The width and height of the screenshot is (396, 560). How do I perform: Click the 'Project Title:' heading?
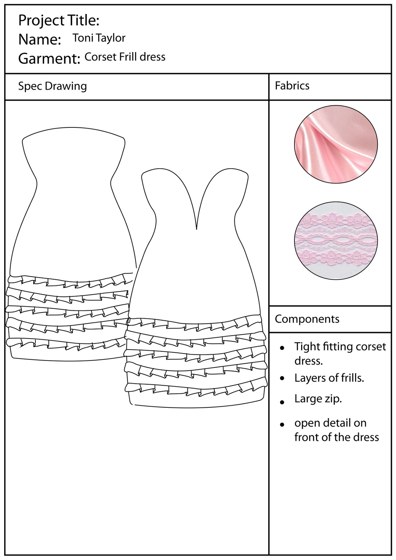click(x=59, y=21)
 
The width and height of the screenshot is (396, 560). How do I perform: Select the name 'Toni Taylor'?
click(x=99, y=38)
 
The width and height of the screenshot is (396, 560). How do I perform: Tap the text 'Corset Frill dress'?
click(x=125, y=57)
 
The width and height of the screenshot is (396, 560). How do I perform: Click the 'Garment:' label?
click(x=49, y=58)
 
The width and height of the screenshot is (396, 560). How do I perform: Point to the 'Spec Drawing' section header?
click(x=52, y=86)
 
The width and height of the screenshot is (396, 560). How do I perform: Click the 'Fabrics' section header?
click(x=292, y=86)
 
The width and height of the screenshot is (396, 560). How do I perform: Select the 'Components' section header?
click(x=307, y=319)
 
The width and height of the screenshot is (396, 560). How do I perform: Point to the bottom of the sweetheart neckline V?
click(x=197, y=228)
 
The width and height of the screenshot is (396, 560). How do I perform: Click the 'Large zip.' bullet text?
click(x=318, y=399)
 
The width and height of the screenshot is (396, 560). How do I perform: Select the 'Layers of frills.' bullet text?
click(x=329, y=378)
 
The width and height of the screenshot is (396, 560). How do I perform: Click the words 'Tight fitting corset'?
click(x=340, y=346)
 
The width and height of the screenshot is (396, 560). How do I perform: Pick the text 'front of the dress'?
click(x=336, y=437)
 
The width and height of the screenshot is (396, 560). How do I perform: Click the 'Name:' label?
click(x=40, y=40)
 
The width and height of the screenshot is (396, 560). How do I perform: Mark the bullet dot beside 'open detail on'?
click(x=282, y=425)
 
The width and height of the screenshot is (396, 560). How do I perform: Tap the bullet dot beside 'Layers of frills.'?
click(x=282, y=379)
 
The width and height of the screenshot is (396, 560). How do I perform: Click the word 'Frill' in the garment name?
click(x=128, y=57)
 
